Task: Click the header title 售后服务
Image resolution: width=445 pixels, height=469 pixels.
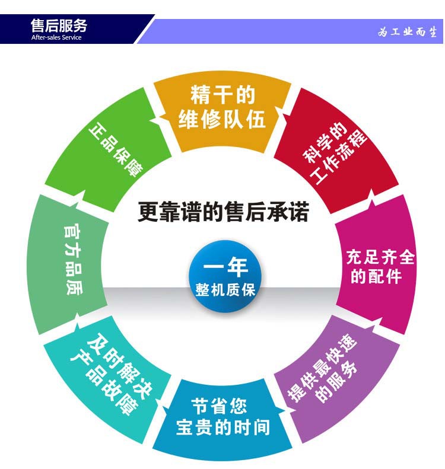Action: click(59, 25)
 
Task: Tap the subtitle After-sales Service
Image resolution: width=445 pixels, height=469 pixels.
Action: click(56, 37)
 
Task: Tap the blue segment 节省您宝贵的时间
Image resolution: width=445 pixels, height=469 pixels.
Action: click(223, 417)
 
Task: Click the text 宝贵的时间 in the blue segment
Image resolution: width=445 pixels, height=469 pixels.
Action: click(223, 427)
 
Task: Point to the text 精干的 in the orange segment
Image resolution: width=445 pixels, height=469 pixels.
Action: click(223, 95)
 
